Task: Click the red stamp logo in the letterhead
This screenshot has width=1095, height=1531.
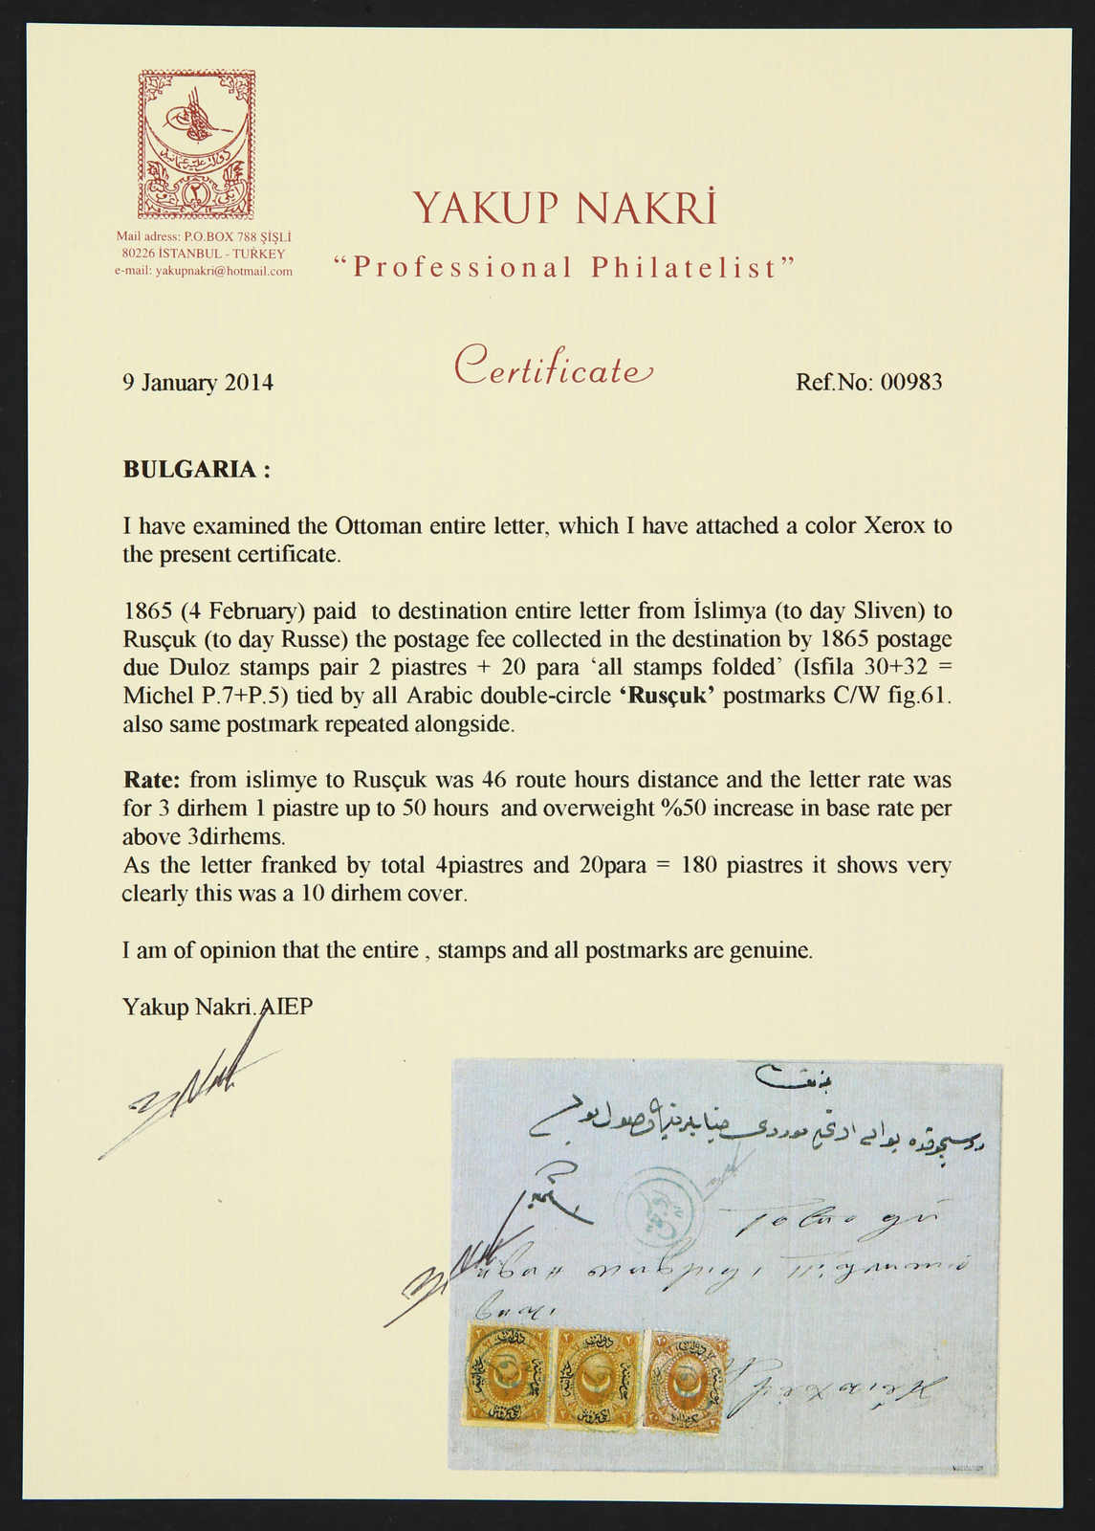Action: (x=196, y=144)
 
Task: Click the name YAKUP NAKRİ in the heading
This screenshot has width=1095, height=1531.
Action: (x=564, y=208)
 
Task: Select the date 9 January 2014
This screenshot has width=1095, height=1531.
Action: (x=198, y=383)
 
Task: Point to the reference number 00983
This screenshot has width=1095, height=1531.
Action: (x=910, y=383)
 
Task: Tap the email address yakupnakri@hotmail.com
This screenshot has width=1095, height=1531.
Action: (x=204, y=271)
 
